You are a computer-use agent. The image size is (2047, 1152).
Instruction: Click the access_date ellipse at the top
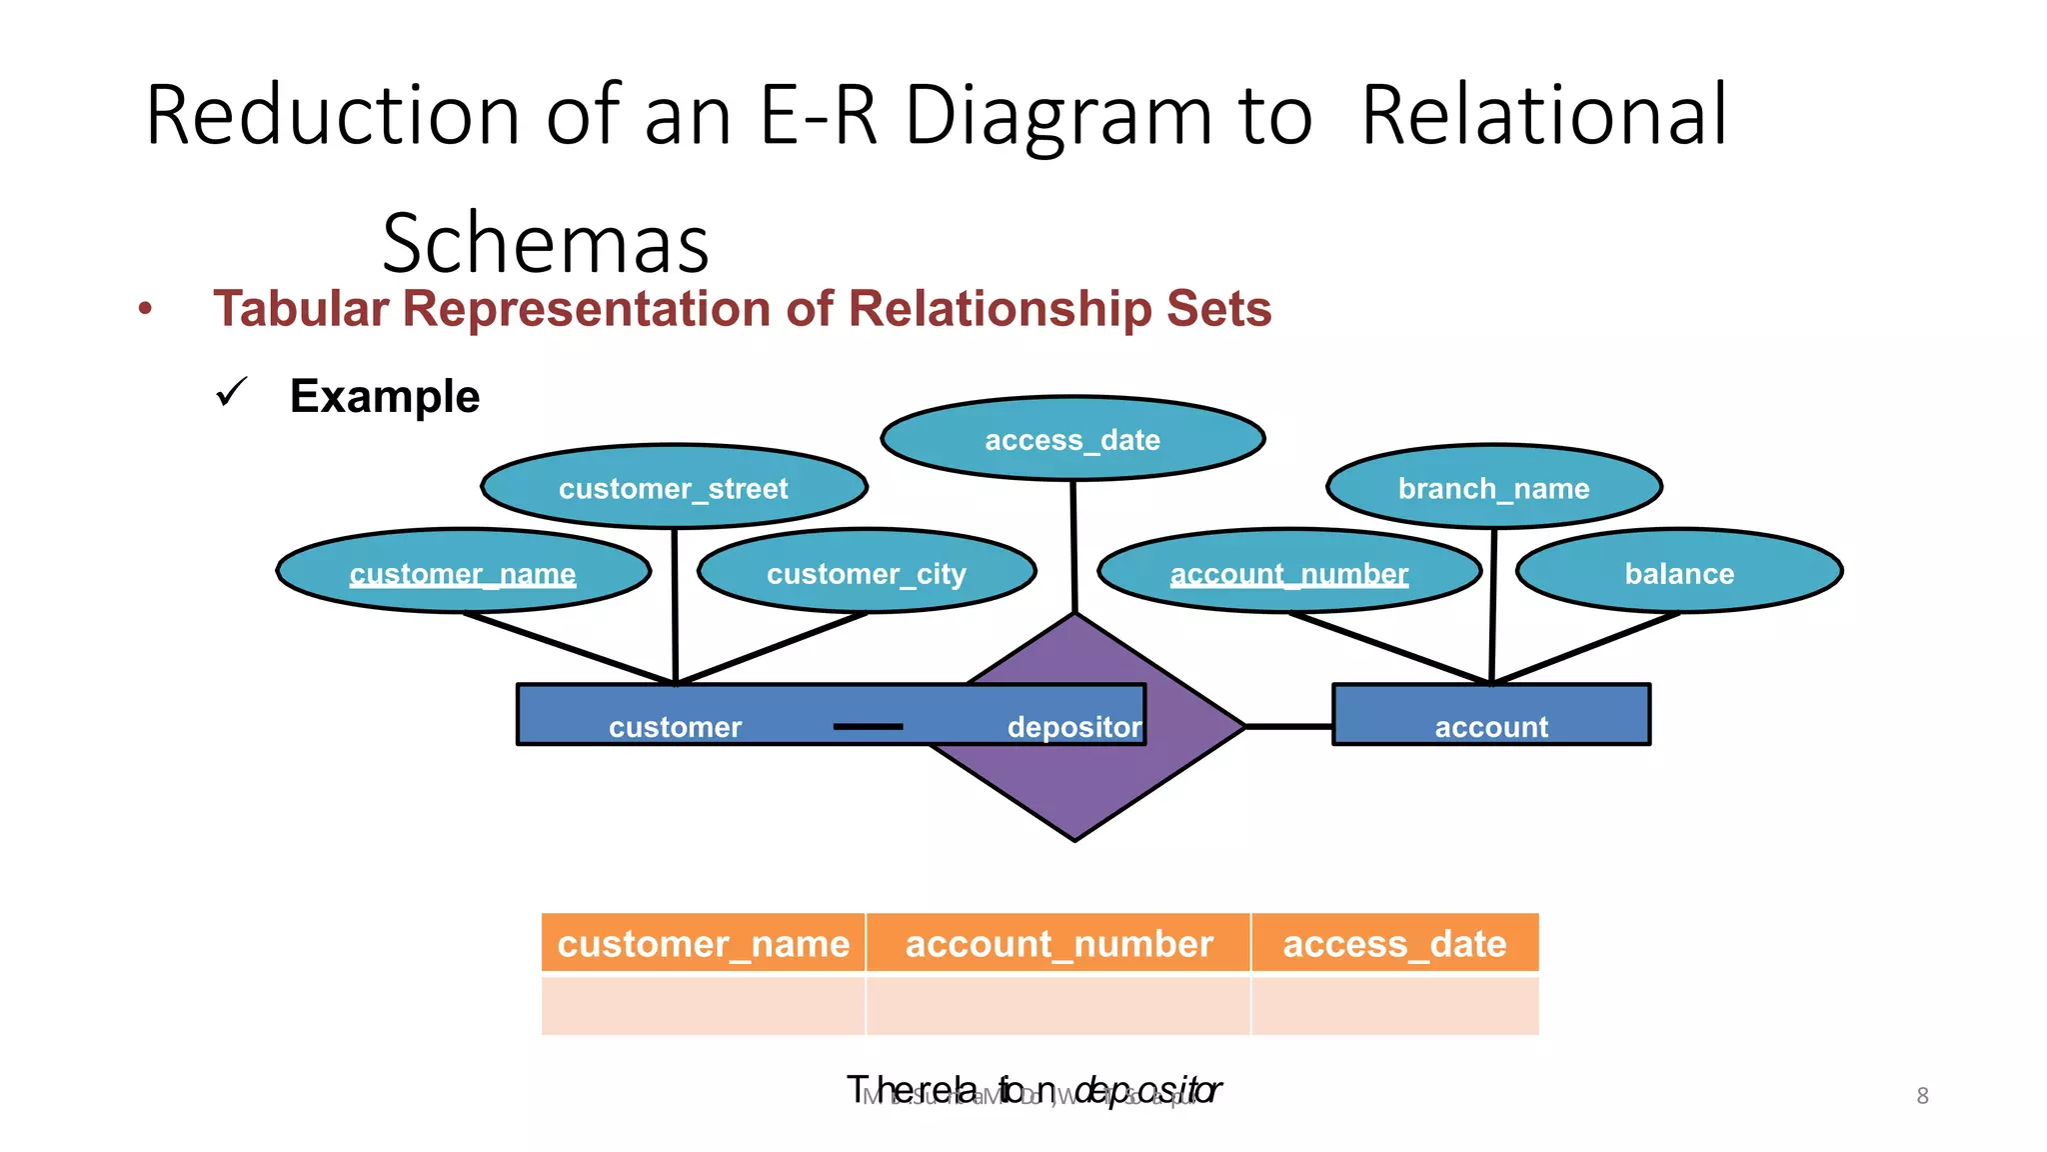[x=1072, y=439]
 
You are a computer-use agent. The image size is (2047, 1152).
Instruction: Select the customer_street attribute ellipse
[x=674, y=488]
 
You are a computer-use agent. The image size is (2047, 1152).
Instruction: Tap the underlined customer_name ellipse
[x=463, y=573]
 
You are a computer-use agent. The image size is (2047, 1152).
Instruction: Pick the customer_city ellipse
[x=867, y=573]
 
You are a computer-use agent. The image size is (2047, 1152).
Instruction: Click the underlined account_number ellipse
[x=1289, y=573]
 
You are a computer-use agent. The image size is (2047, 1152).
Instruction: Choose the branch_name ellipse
[x=1493, y=488]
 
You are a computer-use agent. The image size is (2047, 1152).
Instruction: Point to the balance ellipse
[x=1679, y=573]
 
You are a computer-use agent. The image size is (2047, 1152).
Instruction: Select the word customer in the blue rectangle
[x=676, y=727]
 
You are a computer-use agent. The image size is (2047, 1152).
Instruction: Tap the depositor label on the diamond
[x=1074, y=727]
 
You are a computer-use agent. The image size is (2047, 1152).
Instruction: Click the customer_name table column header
[x=703, y=943]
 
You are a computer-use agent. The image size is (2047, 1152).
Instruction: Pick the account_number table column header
[x=1058, y=943]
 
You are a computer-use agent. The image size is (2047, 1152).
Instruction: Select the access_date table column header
[x=1394, y=943]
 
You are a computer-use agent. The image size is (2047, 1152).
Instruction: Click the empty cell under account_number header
[x=1058, y=1006]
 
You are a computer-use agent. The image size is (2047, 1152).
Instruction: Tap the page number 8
[x=1922, y=1096]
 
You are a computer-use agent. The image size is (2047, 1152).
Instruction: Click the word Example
[x=385, y=397]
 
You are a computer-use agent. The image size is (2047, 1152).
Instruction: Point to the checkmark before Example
[x=231, y=393]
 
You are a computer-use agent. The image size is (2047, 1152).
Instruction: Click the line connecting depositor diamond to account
[x=1289, y=726]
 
